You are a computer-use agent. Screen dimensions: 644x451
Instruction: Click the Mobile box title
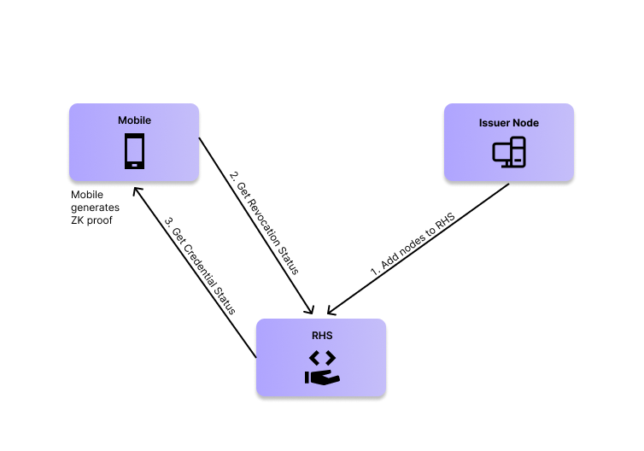[134, 120]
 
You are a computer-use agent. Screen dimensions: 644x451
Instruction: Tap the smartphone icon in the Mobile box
[134, 151]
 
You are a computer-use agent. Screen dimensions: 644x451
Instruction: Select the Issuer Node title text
[509, 123]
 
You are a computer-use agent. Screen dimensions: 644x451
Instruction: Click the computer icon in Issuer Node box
[509, 152]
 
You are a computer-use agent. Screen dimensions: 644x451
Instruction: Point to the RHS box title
[322, 336]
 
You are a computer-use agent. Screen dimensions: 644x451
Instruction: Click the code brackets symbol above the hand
[322, 358]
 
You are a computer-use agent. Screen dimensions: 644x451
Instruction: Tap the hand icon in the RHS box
[322, 377]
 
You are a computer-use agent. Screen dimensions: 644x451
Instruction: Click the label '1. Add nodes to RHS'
[413, 244]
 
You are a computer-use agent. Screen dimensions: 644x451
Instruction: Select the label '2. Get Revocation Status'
[264, 223]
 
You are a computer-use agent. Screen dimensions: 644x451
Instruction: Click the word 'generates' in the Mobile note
[95, 208]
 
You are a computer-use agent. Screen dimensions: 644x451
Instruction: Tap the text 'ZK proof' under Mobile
[91, 220]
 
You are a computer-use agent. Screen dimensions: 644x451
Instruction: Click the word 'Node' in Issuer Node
[528, 123]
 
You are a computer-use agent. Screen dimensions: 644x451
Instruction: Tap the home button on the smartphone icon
[134, 165]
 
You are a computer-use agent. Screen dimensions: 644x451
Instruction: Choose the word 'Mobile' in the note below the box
[87, 195]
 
